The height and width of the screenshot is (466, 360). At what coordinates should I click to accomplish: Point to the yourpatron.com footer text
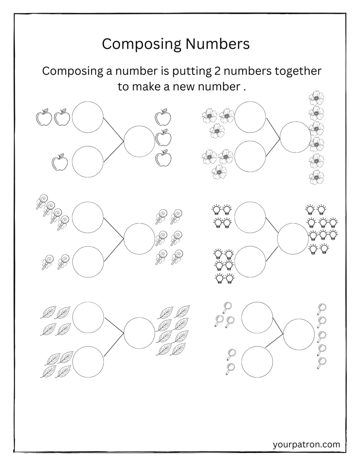[307, 444]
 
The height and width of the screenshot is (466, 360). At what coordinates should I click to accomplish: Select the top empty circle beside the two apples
[88, 117]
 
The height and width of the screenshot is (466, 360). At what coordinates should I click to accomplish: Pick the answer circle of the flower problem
[296, 137]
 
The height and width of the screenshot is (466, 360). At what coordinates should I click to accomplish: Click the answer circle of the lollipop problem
[139, 239]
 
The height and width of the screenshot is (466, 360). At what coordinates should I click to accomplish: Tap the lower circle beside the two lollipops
[88, 262]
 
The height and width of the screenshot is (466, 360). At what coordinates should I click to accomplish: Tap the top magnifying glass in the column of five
[322, 309]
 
